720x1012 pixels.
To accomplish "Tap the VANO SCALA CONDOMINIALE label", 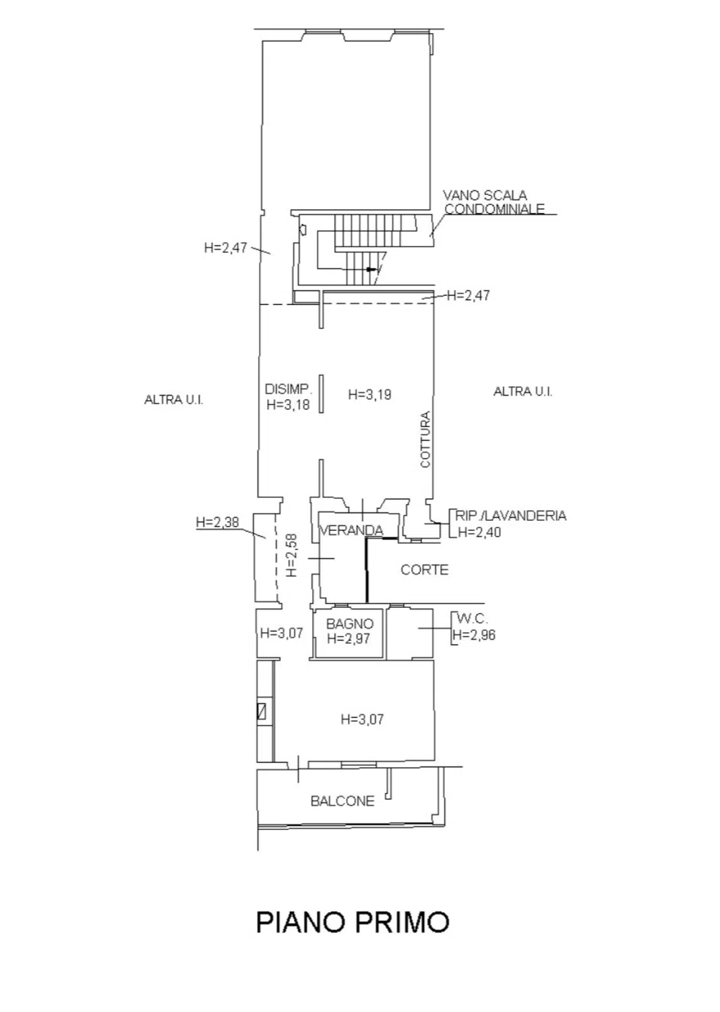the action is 493,202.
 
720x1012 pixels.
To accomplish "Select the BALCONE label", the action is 342,801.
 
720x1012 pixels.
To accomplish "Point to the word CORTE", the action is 424,569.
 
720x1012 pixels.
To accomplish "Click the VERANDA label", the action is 351,530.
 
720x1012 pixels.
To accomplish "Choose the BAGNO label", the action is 350,624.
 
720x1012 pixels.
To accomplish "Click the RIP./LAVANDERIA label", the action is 510,515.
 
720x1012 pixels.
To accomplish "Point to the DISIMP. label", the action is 289,389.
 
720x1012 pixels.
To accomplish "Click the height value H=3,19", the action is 369,395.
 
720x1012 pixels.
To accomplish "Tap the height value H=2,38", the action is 218,522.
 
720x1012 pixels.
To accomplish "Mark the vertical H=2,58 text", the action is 292,555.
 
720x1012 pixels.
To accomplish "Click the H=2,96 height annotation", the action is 474,635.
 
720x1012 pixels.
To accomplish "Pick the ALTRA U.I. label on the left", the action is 174,399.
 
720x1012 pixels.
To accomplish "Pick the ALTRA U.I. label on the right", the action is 522,391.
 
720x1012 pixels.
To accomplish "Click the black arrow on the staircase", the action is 371,270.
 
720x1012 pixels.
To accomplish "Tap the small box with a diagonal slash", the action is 261,712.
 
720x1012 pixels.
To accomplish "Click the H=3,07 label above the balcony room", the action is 362,719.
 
